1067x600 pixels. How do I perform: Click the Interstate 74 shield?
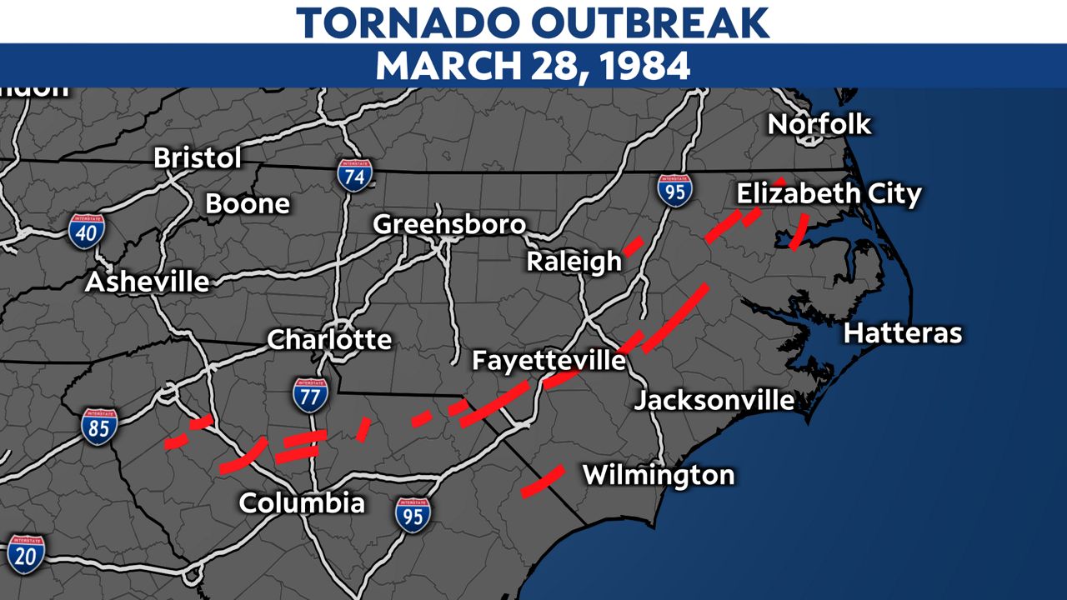pyautogui.click(x=354, y=175)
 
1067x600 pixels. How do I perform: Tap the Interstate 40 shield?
pyautogui.click(x=87, y=231)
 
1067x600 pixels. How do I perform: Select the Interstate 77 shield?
pyautogui.click(x=309, y=395)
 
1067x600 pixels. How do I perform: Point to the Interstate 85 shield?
pyautogui.click(x=99, y=425)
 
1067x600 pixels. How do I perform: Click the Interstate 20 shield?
pyautogui.click(x=26, y=553)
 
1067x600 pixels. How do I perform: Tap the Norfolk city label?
pyautogui.click(x=819, y=124)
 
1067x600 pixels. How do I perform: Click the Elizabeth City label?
pyautogui.click(x=829, y=194)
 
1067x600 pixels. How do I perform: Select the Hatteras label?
pyautogui.click(x=903, y=333)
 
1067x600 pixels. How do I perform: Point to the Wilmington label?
pyautogui.click(x=659, y=475)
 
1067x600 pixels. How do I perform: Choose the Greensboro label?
pyautogui.click(x=449, y=224)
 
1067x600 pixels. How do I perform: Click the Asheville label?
pyautogui.click(x=148, y=281)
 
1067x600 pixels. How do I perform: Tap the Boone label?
pyautogui.click(x=248, y=203)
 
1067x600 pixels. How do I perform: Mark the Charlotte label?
pyautogui.click(x=329, y=339)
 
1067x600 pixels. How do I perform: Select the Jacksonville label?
pyautogui.click(x=714, y=400)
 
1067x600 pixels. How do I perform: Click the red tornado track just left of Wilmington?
pyautogui.click(x=543, y=481)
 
